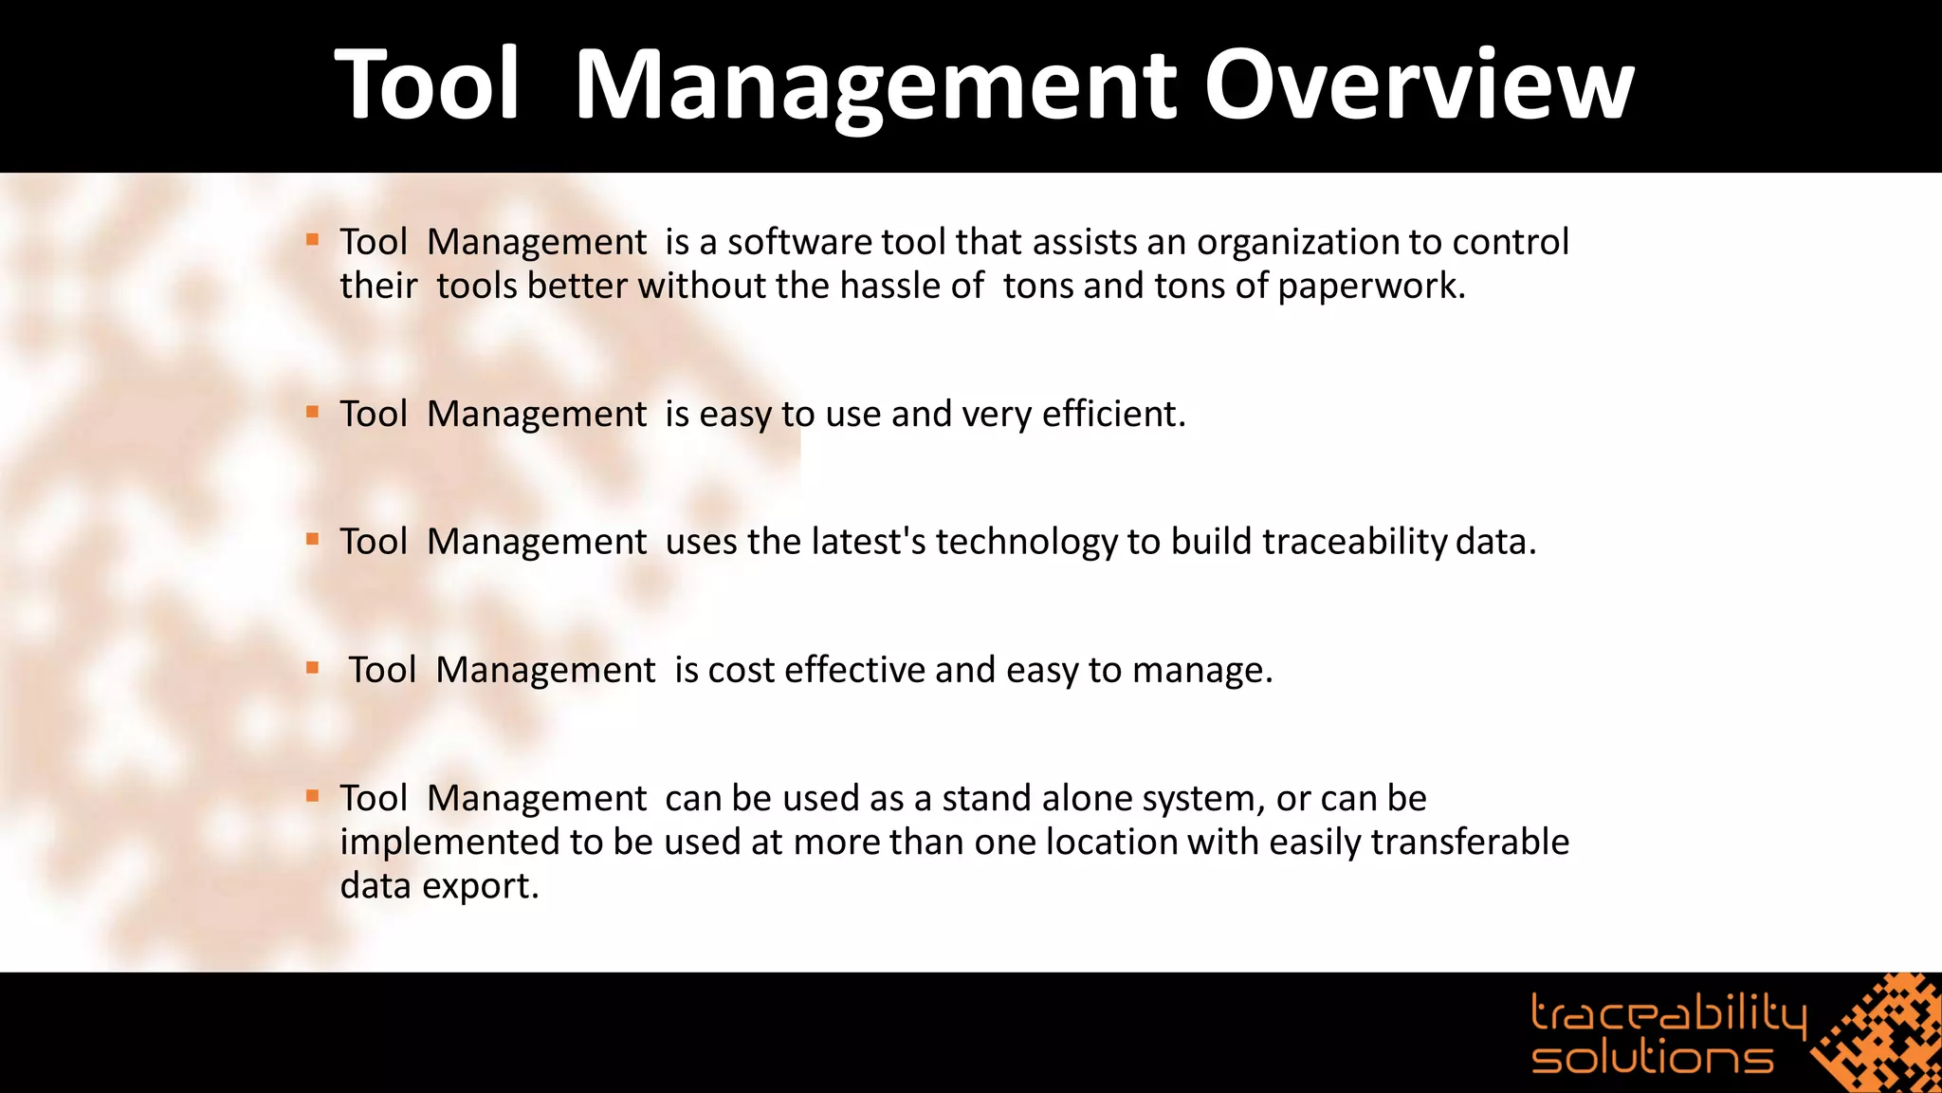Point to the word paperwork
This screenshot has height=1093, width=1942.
tap(1370, 287)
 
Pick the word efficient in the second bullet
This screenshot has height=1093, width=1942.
tap(1113, 415)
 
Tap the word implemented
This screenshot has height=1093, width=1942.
tap(449, 843)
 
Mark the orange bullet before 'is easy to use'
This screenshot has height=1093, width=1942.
tap(312, 412)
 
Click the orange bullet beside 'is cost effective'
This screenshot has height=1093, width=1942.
tap(312, 668)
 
